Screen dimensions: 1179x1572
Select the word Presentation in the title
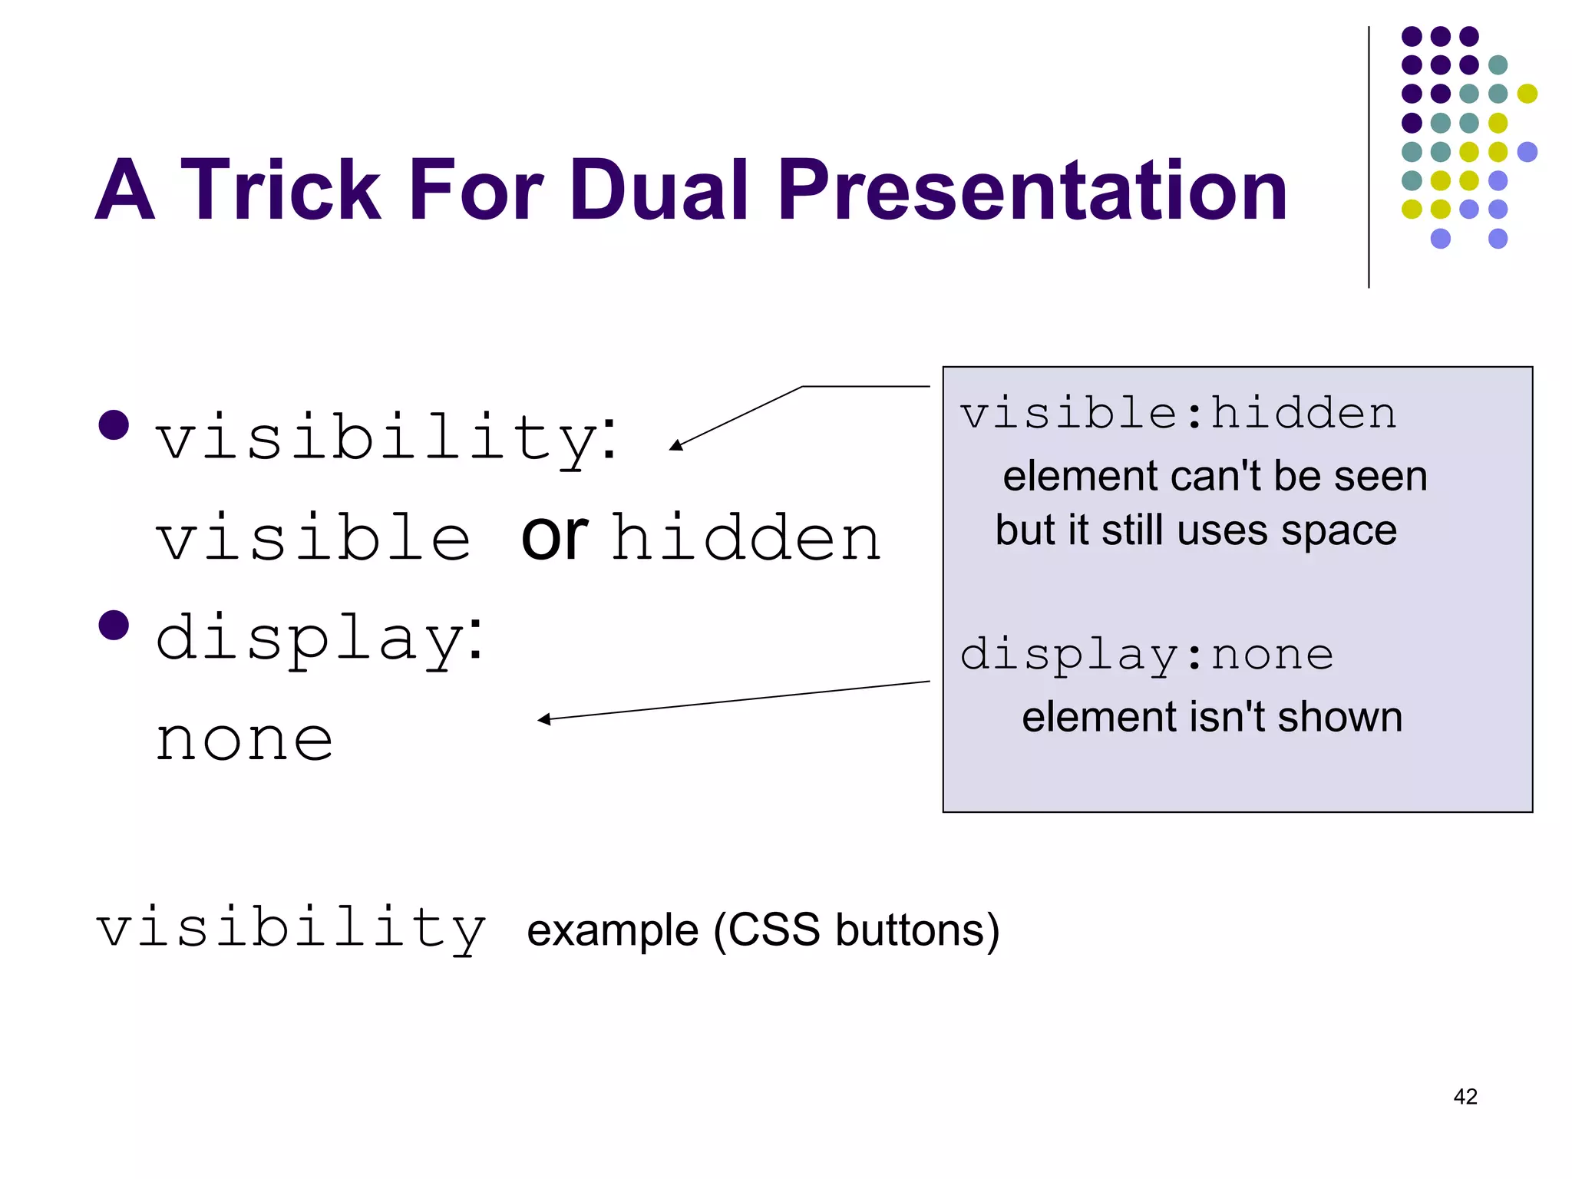1032,190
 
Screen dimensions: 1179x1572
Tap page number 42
1465,1096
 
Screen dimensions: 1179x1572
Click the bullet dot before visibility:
114,424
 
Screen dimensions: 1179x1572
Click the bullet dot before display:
114,625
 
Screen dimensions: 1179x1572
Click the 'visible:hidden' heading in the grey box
1177,414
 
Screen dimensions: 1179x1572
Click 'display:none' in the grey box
1147,654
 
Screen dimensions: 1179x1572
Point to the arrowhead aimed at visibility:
675,445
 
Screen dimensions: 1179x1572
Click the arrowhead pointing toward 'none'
543,719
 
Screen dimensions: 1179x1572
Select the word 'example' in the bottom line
612,930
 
